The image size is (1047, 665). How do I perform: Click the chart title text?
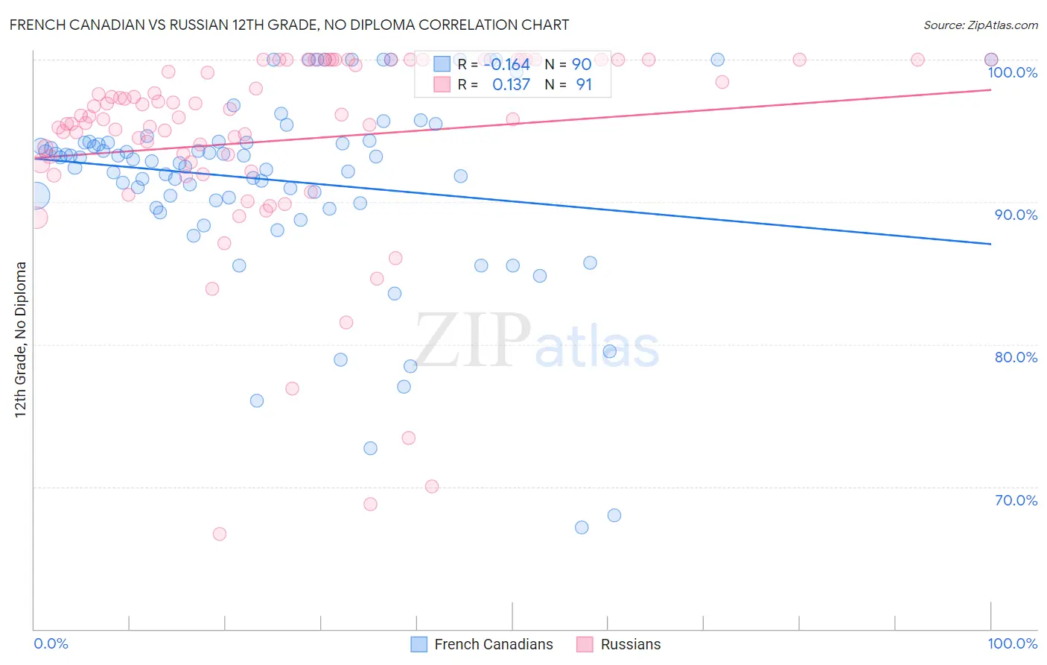click(x=289, y=25)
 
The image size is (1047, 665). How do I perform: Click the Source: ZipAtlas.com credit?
click(x=980, y=25)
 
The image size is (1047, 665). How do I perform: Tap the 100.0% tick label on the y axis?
click(x=1012, y=72)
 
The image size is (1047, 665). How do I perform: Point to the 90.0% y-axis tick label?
click(x=1016, y=215)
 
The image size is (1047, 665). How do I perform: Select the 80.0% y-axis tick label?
click(x=1016, y=357)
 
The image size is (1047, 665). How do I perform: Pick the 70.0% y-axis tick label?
click(x=1016, y=500)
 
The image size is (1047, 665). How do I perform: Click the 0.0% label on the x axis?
click(x=51, y=643)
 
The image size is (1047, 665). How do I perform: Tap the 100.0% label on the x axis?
click(x=1012, y=643)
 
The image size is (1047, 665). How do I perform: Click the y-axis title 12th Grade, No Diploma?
click(x=21, y=339)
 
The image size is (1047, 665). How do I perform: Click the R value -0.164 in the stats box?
click(x=506, y=64)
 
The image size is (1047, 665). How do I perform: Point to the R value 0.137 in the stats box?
click(x=511, y=84)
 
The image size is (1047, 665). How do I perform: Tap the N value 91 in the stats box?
click(x=584, y=84)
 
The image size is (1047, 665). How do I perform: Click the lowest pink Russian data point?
click(x=219, y=534)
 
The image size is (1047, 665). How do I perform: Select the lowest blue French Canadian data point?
click(x=582, y=527)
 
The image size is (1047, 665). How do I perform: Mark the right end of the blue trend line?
click(x=990, y=244)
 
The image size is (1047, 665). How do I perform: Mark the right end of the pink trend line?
click(x=990, y=89)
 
